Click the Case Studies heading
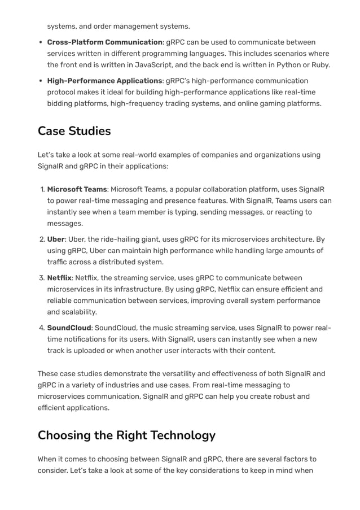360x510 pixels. coord(74,131)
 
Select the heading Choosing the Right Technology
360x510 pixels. coord(126,435)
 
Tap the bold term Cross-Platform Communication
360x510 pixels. coord(104,42)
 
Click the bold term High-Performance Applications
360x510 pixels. coord(104,81)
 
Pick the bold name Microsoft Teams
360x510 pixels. coord(77,189)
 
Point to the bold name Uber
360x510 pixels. coord(56,239)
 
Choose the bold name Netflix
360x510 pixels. coord(59,278)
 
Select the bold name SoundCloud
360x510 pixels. coord(69,328)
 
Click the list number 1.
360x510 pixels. coord(41,189)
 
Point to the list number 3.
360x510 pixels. coord(41,278)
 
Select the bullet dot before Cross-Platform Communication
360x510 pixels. coord(41,43)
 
